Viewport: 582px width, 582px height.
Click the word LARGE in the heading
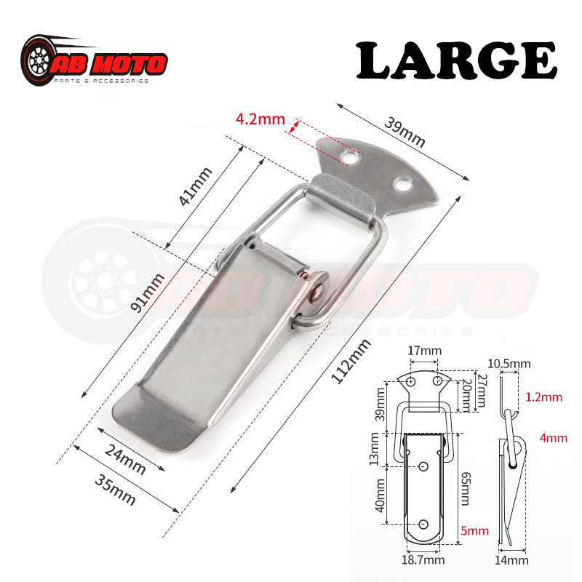coord(456,60)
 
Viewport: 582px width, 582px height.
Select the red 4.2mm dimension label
coord(260,119)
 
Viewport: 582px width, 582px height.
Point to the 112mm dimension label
coord(351,361)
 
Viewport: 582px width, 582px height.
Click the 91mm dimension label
coord(148,293)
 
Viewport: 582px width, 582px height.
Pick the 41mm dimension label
coord(195,186)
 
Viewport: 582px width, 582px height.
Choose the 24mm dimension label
coord(125,460)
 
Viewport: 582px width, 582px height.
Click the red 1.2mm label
coord(543,397)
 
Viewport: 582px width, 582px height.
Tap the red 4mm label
coord(553,438)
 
